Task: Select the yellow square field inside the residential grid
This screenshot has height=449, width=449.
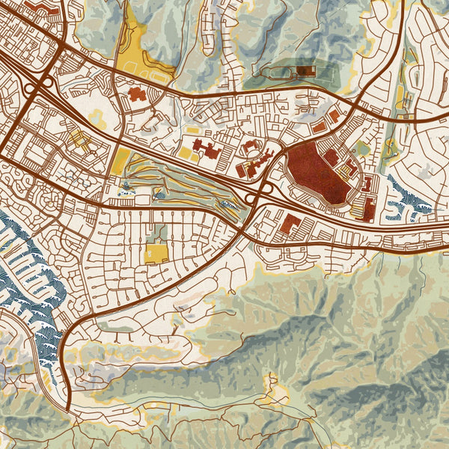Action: (x=156, y=253)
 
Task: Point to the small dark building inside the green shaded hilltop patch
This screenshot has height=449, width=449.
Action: (x=306, y=71)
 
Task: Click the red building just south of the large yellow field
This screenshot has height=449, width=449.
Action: (x=137, y=94)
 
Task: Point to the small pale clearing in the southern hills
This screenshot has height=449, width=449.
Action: (x=275, y=389)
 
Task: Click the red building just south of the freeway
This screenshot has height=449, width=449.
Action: (x=290, y=222)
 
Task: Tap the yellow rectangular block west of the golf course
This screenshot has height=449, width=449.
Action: (x=120, y=159)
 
